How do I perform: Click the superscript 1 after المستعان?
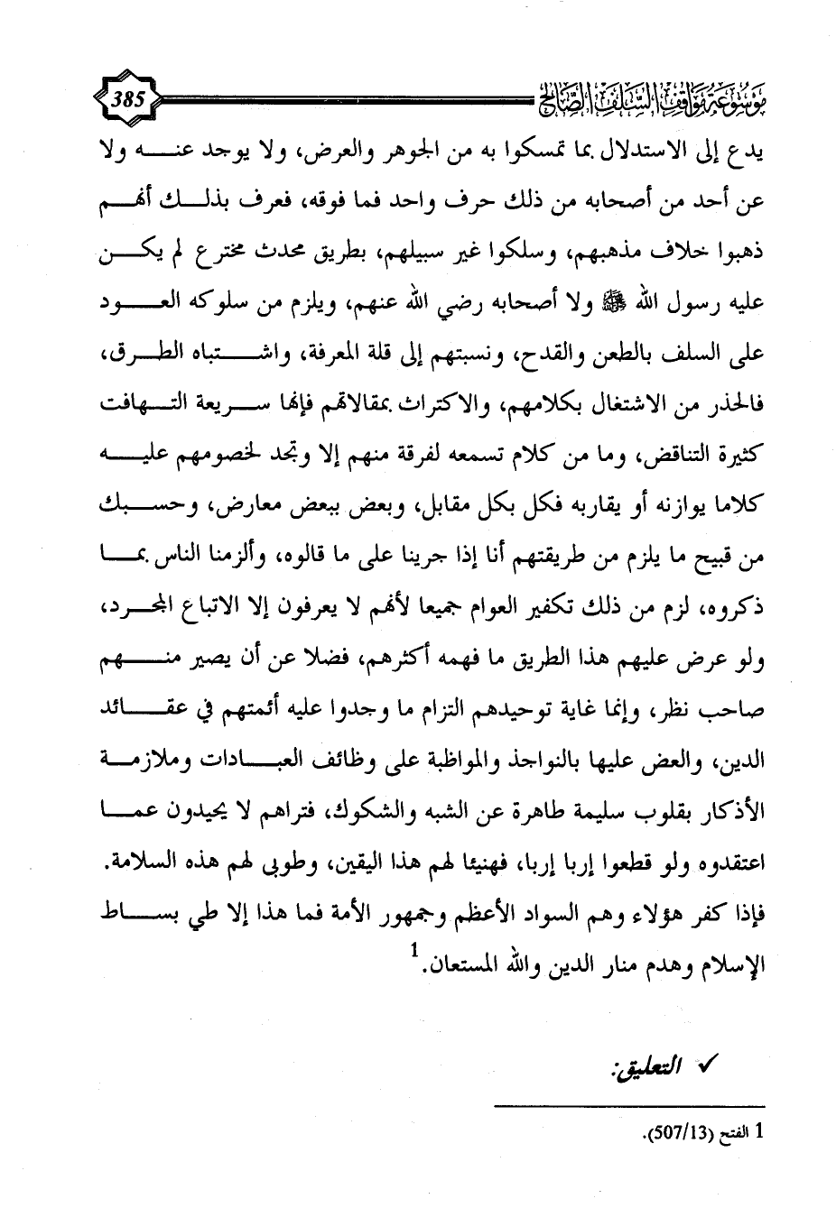413,954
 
